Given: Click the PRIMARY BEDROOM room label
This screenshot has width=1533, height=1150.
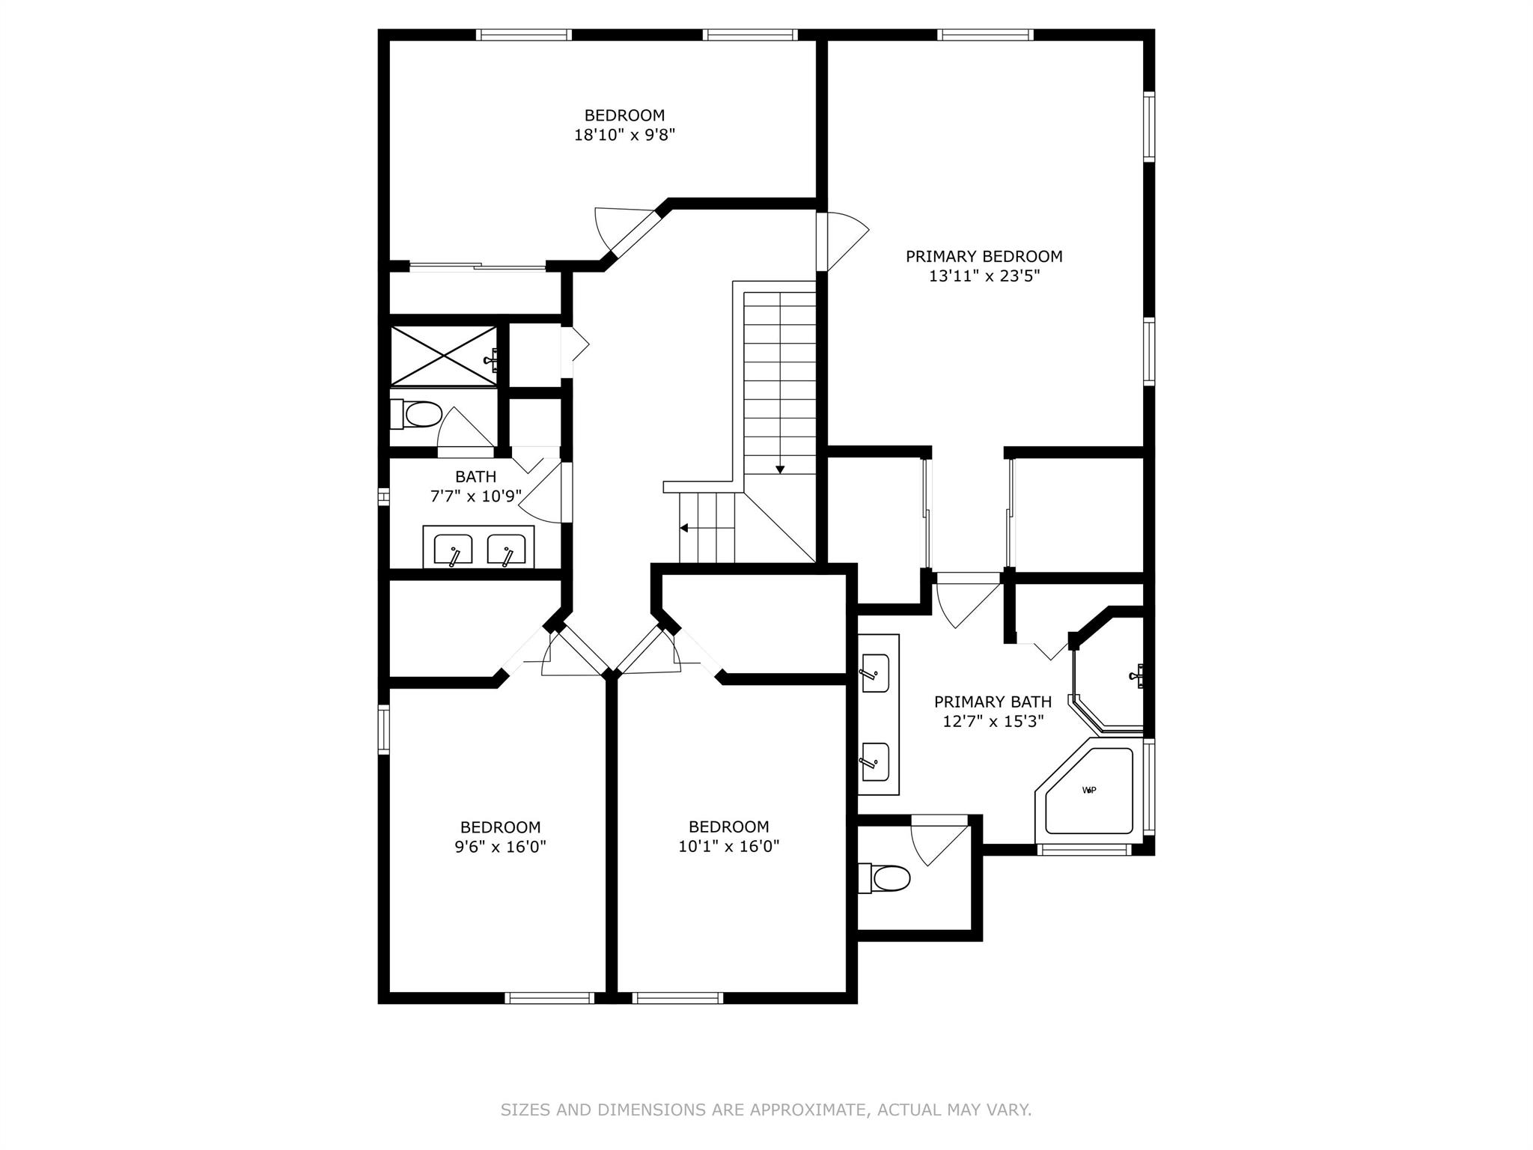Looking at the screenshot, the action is coord(984,257).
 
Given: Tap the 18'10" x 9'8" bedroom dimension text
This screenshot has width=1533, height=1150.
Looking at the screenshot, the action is coord(625,136).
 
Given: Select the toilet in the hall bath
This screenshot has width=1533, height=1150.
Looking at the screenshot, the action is coord(416,414).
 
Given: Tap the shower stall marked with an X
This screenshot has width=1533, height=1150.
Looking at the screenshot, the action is coord(444,356).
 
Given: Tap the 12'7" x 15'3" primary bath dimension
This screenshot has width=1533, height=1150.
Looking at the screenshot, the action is coord(993,722).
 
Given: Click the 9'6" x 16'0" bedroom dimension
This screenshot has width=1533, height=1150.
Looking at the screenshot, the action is coord(501,847).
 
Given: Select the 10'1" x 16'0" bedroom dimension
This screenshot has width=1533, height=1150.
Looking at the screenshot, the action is coord(729,847).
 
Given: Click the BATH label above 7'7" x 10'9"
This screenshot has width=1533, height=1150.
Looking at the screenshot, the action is coord(476,477).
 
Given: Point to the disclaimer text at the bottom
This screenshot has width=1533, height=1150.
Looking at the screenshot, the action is coord(766,1110).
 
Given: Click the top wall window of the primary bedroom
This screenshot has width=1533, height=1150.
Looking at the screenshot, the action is coord(985,34).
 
